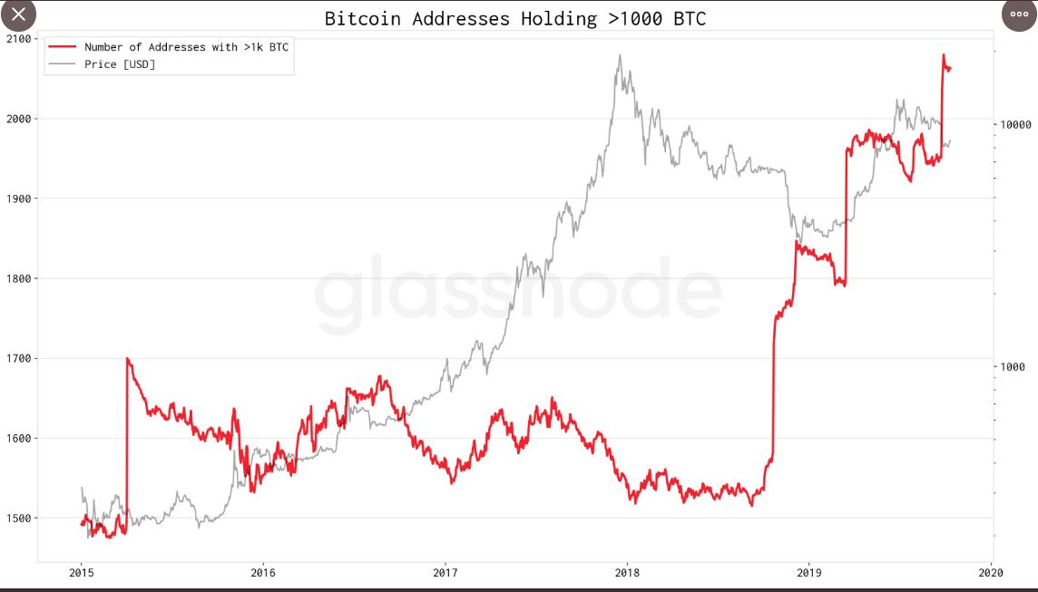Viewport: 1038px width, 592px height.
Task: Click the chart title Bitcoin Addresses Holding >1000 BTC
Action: coord(514,18)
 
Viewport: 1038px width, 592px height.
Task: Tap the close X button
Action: coord(18,15)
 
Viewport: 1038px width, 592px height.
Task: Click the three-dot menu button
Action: coord(1018,15)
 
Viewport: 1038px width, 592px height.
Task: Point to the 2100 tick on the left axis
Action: coord(17,39)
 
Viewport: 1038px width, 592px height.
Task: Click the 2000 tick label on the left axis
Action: coord(17,119)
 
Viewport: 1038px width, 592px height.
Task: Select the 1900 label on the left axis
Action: coord(17,199)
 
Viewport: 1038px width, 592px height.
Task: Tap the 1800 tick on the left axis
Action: coord(17,278)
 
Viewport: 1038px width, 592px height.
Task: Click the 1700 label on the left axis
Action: coord(17,358)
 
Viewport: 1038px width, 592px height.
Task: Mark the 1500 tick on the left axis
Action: coord(17,519)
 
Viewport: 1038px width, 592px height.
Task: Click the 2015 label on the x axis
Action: coord(81,572)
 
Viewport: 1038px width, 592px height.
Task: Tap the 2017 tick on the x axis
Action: coord(445,572)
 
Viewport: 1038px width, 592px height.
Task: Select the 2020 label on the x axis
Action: coord(991,572)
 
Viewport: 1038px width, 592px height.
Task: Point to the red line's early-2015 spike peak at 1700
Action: coord(127,358)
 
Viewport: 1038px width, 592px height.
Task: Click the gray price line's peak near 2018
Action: coord(620,55)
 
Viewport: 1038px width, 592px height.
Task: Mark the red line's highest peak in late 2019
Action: coord(944,55)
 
